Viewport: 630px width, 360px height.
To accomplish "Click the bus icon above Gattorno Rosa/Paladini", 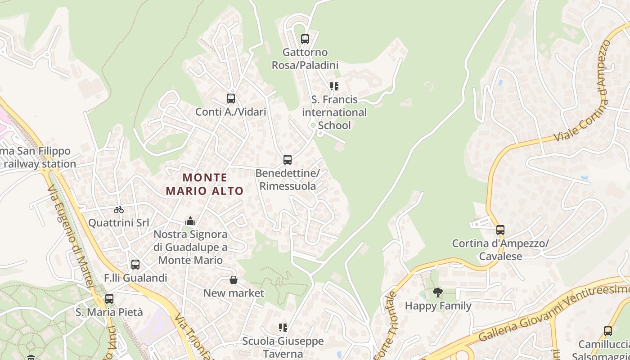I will [305, 39].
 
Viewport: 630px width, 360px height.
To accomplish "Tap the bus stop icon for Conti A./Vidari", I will [231, 99].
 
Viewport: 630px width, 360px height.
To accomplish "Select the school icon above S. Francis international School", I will [334, 86].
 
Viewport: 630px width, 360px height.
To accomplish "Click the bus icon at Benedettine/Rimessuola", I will [288, 160].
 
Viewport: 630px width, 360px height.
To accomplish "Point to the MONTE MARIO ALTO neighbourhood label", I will [205, 184].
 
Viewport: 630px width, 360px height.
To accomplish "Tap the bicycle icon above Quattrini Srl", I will [119, 209].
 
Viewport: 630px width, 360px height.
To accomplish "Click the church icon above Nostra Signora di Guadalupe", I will [190, 221].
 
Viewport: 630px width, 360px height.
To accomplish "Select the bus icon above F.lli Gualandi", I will [135, 265].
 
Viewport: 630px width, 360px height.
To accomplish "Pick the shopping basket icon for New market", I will [234, 280].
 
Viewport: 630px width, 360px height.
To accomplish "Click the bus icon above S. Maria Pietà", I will [109, 299].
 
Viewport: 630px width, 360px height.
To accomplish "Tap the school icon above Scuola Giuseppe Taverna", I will [283, 328].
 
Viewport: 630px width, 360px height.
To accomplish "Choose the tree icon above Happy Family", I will [437, 293].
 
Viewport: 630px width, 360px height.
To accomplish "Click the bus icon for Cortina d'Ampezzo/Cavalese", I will [500, 230].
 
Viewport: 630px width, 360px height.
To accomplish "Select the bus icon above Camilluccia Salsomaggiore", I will [608, 331].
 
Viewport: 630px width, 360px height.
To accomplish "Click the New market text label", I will [234, 293].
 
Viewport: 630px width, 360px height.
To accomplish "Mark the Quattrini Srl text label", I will [118, 223].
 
